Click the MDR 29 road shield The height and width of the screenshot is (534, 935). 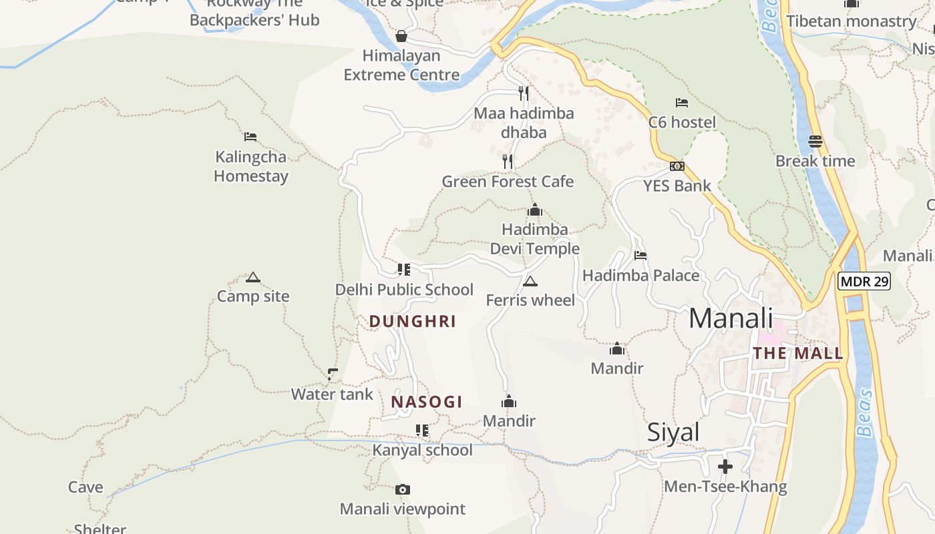pyautogui.click(x=864, y=281)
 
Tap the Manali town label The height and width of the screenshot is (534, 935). pyautogui.click(x=731, y=318)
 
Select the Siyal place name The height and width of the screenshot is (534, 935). pyautogui.click(x=673, y=433)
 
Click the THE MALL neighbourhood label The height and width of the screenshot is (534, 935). pyautogui.click(x=799, y=354)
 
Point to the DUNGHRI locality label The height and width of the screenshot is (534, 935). pyautogui.click(x=413, y=322)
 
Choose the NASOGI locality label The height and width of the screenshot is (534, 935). pyautogui.click(x=427, y=402)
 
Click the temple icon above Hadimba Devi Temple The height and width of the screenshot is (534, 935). pyautogui.click(x=534, y=211)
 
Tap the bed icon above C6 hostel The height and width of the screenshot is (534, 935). pyautogui.click(x=682, y=103)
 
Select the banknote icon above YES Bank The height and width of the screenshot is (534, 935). pyautogui.click(x=677, y=166)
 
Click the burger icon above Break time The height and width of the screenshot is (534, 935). pyautogui.click(x=815, y=142)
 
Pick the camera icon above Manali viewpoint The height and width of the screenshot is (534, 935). pyautogui.click(x=402, y=490)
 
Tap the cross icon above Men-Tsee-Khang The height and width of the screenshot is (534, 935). pyautogui.click(x=725, y=466)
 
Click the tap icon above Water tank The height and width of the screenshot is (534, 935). pyautogui.click(x=333, y=374)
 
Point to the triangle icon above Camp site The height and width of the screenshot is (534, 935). pyautogui.click(x=252, y=277)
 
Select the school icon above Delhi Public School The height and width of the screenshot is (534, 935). pyautogui.click(x=404, y=270)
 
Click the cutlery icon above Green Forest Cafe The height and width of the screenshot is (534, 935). pyautogui.click(x=508, y=162)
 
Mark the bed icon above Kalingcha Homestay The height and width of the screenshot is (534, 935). pyautogui.click(x=250, y=137)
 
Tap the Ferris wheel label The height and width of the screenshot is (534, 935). pyautogui.click(x=530, y=300)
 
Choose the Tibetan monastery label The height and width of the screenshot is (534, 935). pyautogui.click(x=852, y=21)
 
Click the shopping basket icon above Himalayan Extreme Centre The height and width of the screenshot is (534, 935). pyautogui.click(x=401, y=36)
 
